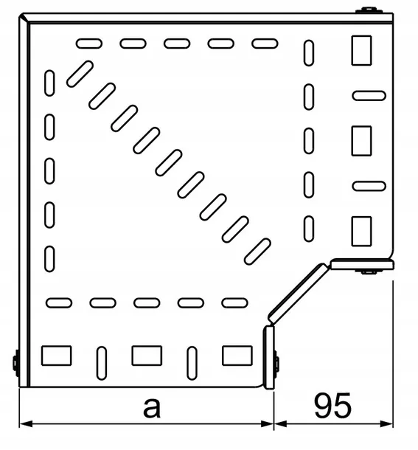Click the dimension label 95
pyautogui.click(x=332, y=406)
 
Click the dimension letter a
pyautogui.click(x=152, y=408)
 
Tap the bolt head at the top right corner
pyautogui.click(x=369, y=10)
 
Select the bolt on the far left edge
pyautogui.click(x=16, y=363)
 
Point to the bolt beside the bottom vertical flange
pyautogui.click(x=276, y=364)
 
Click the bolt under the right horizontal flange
pyautogui.click(x=369, y=271)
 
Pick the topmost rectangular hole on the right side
pyautogui.click(x=361, y=50)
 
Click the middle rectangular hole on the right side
pyautogui.click(x=361, y=141)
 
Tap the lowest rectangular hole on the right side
pyautogui.click(x=361, y=232)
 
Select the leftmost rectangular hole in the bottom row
pyautogui.click(x=57, y=356)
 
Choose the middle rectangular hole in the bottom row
pyautogui.click(x=147, y=356)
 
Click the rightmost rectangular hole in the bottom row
pyautogui.click(x=237, y=356)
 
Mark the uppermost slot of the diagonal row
pyautogui.click(x=80, y=74)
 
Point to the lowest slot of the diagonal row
pyautogui.click(x=257, y=252)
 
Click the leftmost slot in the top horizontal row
pyautogui.click(x=89, y=44)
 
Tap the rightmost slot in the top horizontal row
pyautogui.click(x=265, y=44)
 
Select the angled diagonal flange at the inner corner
pyautogui.click(x=299, y=293)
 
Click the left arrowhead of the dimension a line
pyautogui.click(x=26, y=423)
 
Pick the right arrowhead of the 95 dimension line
pyautogui.click(x=386, y=423)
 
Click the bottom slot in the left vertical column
pyautogui.click(x=49, y=259)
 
